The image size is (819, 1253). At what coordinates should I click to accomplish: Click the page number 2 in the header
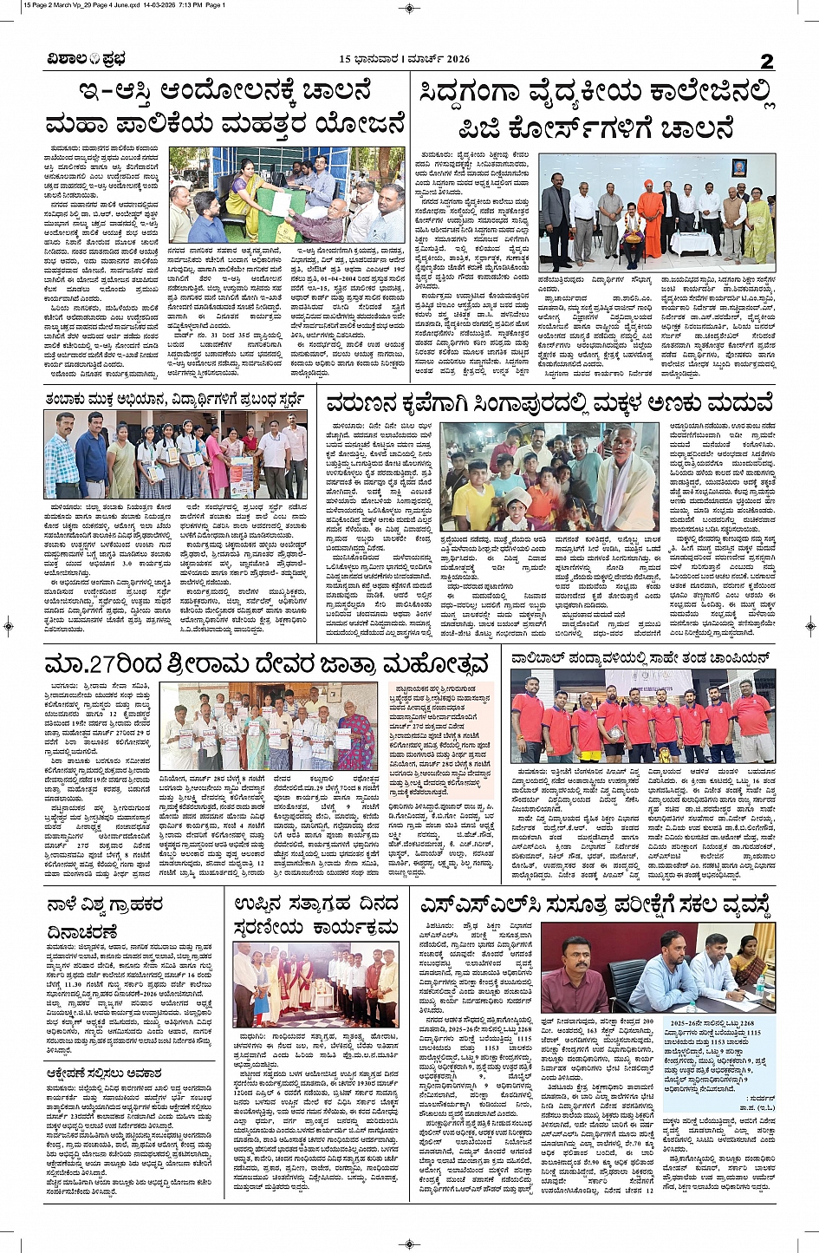[x=766, y=60]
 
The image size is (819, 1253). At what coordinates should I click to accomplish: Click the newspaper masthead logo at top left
[x=87, y=59]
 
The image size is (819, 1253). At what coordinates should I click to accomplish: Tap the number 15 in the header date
[x=346, y=59]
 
